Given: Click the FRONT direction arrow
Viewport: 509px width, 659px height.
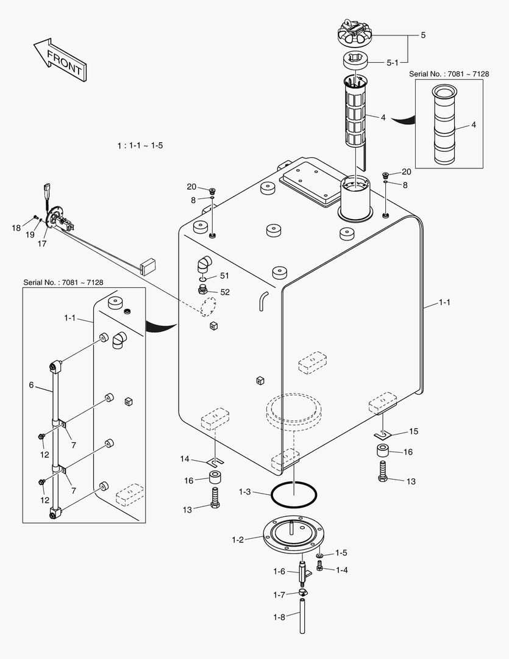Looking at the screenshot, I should (59, 59).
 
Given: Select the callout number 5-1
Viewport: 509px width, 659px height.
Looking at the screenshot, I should (393, 62).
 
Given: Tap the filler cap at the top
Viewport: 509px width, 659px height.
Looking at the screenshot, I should (355, 34).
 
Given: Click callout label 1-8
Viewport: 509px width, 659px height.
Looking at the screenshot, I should (279, 618).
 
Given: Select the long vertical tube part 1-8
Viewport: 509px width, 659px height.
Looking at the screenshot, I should (303, 618).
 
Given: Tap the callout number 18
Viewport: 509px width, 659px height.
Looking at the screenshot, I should (16, 228).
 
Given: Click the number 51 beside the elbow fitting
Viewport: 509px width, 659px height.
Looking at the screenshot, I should (224, 276).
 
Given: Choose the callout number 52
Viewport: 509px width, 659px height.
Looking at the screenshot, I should (224, 292).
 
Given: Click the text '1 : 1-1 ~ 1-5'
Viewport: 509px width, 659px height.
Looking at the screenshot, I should (140, 146).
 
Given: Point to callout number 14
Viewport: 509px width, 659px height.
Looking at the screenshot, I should (185, 459).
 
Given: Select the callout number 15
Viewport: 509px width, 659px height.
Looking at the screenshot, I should (413, 431).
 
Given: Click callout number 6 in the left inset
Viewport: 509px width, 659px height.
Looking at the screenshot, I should (31, 385).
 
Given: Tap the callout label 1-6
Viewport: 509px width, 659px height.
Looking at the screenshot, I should (279, 571).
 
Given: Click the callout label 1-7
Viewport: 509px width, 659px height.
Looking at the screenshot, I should (279, 594).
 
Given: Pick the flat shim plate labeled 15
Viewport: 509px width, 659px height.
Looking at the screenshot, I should (382, 434).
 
